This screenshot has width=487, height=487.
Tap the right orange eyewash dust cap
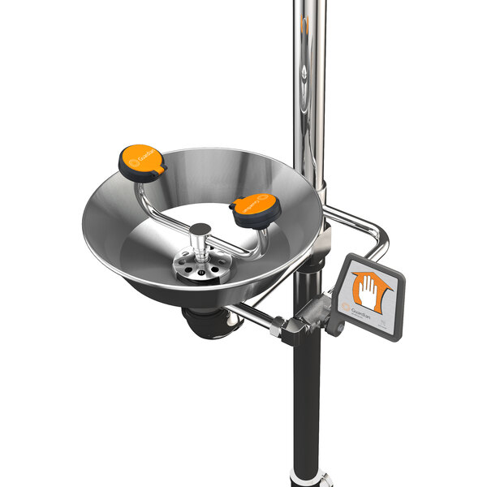pos(255,209)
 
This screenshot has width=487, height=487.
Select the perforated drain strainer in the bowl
pos(200,267)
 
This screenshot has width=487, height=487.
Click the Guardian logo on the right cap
pos(257,204)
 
